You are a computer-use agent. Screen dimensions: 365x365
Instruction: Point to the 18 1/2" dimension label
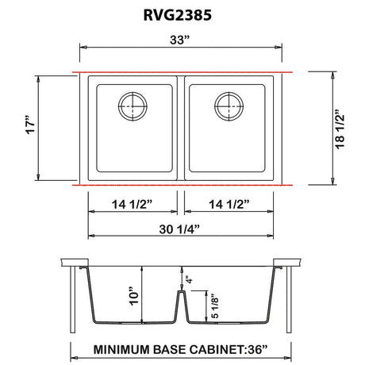click(x=340, y=127)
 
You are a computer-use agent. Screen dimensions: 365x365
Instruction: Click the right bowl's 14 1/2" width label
click(x=231, y=204)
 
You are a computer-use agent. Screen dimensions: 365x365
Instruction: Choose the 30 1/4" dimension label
click(x=182, y=229)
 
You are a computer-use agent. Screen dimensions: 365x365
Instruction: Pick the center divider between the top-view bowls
click(x=182, y=128)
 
